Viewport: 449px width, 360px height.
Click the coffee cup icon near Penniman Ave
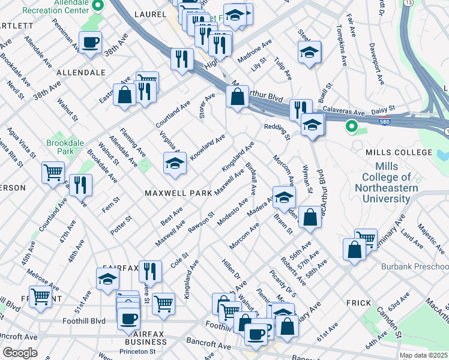pos(90,43)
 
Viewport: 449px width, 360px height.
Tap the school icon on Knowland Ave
pos(174,163)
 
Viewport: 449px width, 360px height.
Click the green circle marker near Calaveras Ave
pos(352,127)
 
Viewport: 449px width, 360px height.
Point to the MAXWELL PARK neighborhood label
pos(178,193)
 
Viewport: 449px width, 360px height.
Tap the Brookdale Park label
pos(62,148)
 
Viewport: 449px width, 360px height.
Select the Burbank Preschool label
pos(414,266)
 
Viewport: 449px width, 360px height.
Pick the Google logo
pos(19,353)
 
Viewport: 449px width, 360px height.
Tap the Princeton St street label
pos(136,351)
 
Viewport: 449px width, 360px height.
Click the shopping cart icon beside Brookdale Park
pos(53,172)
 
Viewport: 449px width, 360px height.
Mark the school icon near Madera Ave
pos(284,197)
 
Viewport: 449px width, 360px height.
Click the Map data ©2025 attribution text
pos(423,355)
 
